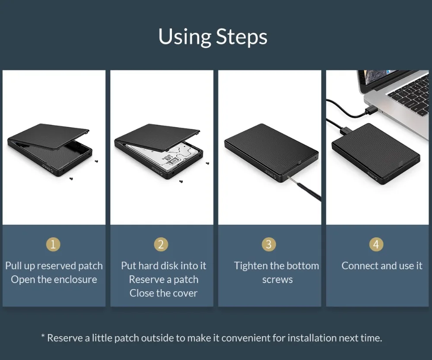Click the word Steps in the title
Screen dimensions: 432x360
click(x=241, y=37)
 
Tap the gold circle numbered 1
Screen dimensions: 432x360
click(x=53, y=244)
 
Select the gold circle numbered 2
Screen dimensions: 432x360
click(x=161, y=244)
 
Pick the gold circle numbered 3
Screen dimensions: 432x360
click(x=269, y=244)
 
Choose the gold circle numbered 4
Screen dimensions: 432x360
click(x=376, y=244)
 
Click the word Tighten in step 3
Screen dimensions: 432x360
click(x=251, y=266)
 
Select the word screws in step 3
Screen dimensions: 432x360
click(x=277, y=280)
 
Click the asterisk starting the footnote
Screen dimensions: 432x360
click(x=43, y=336)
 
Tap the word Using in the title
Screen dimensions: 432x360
click(x=185, y=37)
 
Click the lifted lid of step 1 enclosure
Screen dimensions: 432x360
click(x=48, y=136)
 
